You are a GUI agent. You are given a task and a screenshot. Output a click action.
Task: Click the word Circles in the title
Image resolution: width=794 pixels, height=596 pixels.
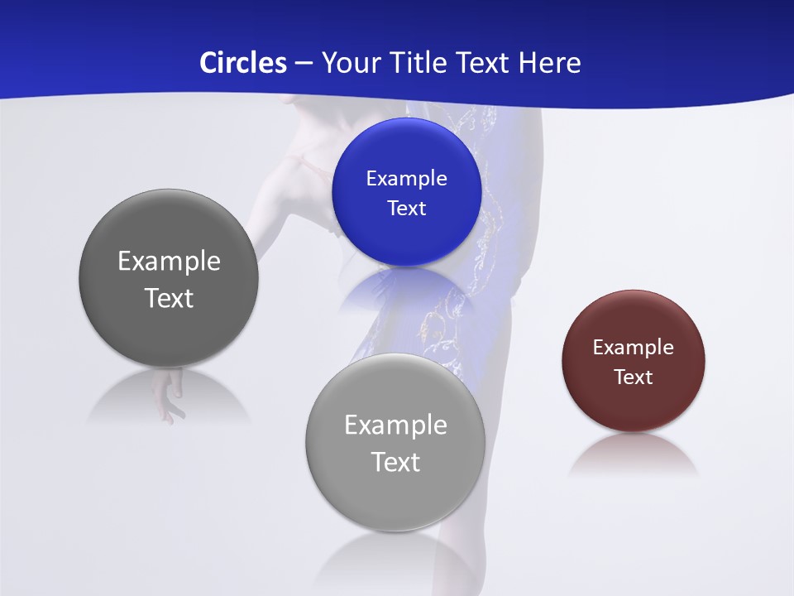pyautogui.click(x=243, y=63)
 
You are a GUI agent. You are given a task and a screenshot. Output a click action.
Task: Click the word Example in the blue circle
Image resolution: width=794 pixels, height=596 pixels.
pyautogui.click(x=406, y=178)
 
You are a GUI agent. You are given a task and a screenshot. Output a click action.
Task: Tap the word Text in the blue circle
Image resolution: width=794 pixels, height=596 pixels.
pyautogui.click(x=406, y=208)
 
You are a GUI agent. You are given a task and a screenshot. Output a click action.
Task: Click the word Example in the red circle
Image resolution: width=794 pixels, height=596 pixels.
pyautogui.click(x=634, y=347)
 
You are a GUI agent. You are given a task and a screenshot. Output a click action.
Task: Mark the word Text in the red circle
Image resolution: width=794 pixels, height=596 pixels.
pyautogui.click(x=634, y=377)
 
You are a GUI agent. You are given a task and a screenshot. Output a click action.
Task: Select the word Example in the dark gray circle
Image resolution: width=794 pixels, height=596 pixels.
pyautogui.click(x=169, y=261)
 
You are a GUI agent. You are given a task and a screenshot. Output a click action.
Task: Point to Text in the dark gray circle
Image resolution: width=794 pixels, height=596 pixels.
pyautogui.click(x=169, y=298)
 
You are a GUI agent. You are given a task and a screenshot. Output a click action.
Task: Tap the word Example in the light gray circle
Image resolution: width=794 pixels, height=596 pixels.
pyautogui.click(x=395, y=425)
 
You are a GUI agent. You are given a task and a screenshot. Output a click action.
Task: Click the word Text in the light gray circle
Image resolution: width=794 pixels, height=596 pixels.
pyautogui.click(x=395, y=462)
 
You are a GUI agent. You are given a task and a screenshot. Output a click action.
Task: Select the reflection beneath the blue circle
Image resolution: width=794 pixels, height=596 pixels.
pyautogui.click(x=405, y=290)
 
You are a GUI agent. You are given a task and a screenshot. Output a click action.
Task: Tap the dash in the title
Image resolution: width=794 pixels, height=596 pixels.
pyautogui.click(x=304, y=63)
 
